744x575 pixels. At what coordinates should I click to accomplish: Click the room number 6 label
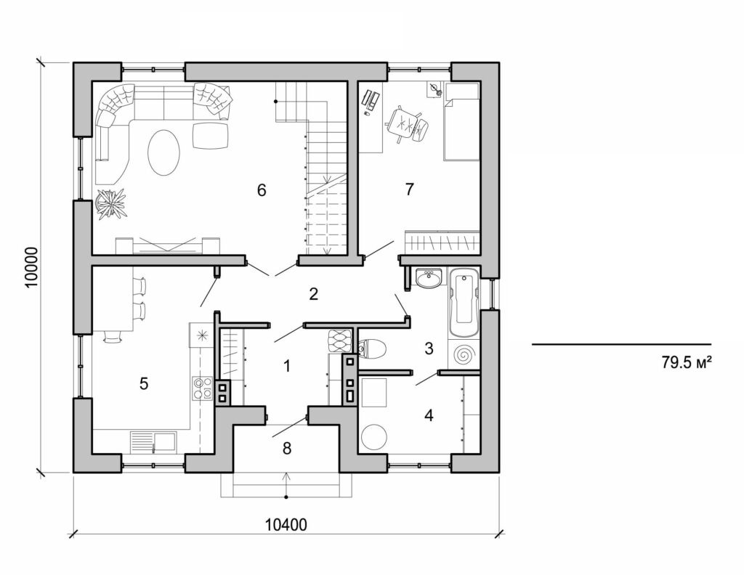262,190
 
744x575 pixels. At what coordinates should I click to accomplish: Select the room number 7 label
409,189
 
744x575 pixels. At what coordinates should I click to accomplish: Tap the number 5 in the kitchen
144,383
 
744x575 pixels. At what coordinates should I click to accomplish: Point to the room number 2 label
313,294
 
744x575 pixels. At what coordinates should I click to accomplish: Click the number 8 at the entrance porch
287,449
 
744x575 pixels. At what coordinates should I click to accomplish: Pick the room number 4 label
429,416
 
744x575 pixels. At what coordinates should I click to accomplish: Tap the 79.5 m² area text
685,363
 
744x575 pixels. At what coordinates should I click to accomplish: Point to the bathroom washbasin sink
430,278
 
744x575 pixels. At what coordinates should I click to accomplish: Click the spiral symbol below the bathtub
463,355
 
